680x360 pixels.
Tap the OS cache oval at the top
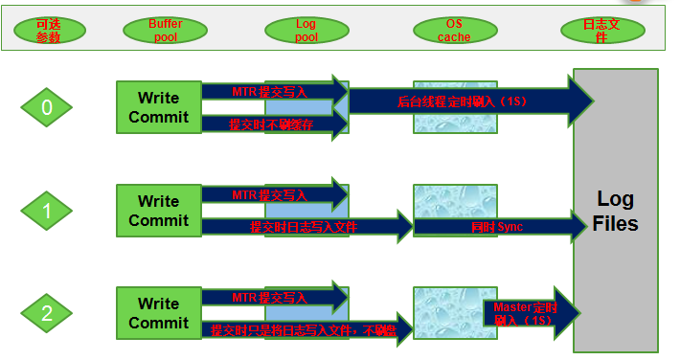coord(454,30)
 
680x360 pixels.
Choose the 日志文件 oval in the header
coord(601,30)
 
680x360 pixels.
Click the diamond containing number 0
coord(47,108)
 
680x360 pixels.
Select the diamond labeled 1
coord(47,211)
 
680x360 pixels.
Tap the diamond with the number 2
coord(47,313)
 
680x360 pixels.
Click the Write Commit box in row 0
coord(158,107)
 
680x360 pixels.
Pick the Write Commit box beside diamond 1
coord(158,211)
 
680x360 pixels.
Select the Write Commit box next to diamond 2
coord(158,313)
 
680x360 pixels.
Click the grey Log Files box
coord(616,211)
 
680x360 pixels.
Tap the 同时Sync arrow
coord(498,227)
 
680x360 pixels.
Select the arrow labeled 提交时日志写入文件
coord(306,227)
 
